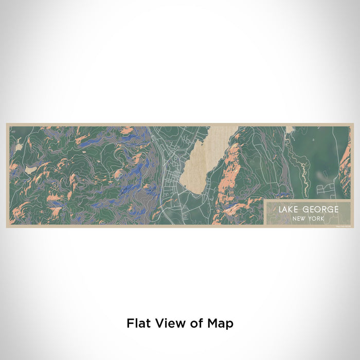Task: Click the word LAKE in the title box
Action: pyautogui.click(x=289, y=210)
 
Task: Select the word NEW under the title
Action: pyautogui.click(x=297, y=219)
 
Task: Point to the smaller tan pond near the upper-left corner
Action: pyautogui.click(x=19, y=147)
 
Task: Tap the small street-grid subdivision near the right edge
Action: pyautogui.click(x=325, y=190)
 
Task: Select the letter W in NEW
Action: pyautogui.click(x=301, y=219)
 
